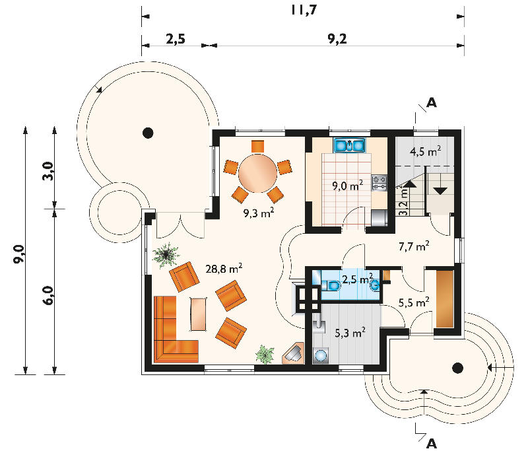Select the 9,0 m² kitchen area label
(348, 186)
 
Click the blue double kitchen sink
(349, 145)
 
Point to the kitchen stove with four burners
(379, 183)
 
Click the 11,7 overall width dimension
(304, 9)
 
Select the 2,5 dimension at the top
(176, 39)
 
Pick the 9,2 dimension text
(337, 39)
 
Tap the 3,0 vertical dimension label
(48, 171)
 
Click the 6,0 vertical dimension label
(48, 295)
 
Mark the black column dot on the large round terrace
(148, 133)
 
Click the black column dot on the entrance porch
(457, 368)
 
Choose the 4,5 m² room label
(425, 151)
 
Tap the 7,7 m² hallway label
(414, 246)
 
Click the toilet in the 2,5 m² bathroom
(331, 286)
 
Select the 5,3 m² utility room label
(350, 333)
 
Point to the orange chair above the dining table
(257, 146)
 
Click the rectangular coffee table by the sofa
(199, 314)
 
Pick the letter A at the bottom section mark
(432, 444)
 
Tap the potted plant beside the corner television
(265, 355)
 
